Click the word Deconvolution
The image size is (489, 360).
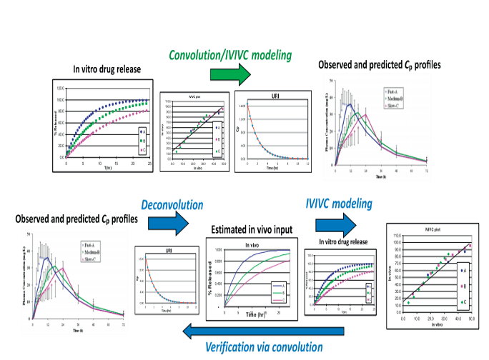172,204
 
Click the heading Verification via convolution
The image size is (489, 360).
264,347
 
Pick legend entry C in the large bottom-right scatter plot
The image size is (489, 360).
466,301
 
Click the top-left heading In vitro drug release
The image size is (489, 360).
107,69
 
